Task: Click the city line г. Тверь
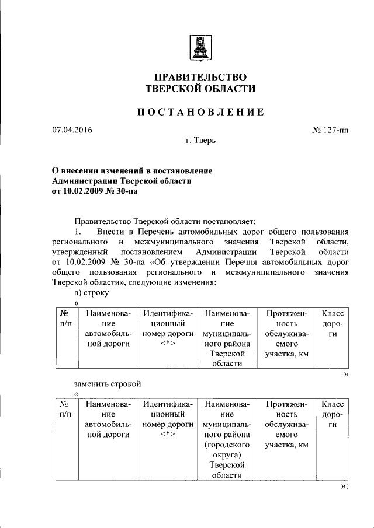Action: tap(200, 141)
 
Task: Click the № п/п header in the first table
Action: tap(65, 319)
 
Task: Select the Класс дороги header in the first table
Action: tap(332, 324)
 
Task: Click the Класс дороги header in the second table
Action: tap(332, 414)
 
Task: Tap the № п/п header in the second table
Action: tap(65, 409)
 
